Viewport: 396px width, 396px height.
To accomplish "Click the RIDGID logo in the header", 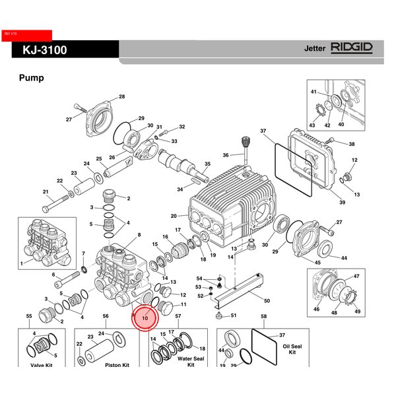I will click(x=352, y=48).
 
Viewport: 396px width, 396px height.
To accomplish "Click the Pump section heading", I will click(x=32, y=78).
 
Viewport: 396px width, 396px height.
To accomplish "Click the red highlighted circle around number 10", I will click(x=145, y=317).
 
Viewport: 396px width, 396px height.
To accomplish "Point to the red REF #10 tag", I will click(x=27, y=34).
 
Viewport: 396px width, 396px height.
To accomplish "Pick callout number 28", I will click(x=121, y=98).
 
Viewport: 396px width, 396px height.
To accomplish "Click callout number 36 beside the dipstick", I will click(x=225, y=156).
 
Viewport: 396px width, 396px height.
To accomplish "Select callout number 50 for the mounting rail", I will click(x=267, y=301).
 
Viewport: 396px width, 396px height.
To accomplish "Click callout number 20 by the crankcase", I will click(x=174, y=216).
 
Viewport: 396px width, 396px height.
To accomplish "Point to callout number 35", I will click(x=207, y=164).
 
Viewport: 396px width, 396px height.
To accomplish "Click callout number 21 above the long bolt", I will click(x=46, y=192).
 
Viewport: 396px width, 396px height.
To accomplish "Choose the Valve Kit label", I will click(x=41, y=364).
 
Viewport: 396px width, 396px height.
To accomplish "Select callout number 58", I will click(x=264, y=317).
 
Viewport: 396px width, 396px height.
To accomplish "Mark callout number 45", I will click(x=318, y=263).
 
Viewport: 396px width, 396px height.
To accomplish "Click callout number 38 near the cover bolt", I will click(x=352, y=145).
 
